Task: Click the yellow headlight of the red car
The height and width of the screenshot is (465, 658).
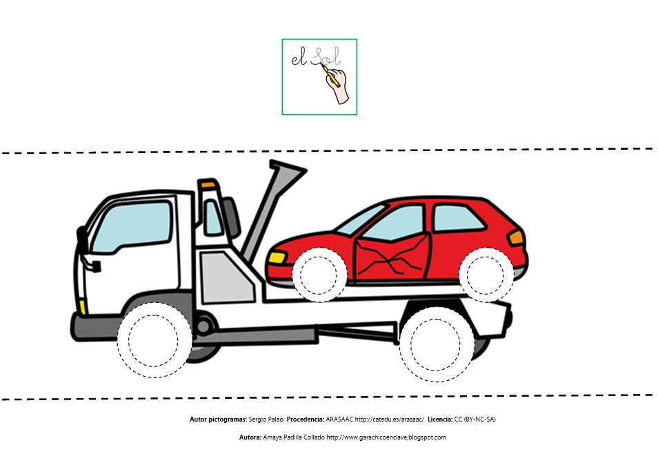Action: tap(277, 257)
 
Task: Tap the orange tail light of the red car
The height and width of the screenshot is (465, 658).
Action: tap(516, 237)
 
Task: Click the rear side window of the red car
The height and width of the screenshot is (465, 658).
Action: tap(458, 218)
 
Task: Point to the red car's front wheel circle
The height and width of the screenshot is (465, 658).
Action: tap(319, 275)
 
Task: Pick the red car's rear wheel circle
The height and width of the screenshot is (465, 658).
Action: tap(486, 275)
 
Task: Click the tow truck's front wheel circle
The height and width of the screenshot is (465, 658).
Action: tap(154, 340)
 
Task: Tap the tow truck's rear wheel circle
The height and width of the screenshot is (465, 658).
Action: tap(436, 344)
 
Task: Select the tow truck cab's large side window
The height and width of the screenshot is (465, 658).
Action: tap(132, 226)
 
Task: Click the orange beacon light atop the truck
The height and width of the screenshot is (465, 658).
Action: tap(208, 184)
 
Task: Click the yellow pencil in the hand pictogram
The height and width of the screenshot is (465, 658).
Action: tap(331, 75)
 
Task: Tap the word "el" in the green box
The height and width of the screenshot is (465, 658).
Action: tap(299, 59)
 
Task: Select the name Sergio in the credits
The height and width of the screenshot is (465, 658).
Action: tap(257, 419)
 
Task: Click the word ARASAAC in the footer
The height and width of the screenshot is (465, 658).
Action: tap(339, 419)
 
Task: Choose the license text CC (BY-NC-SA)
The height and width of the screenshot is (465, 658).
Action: tap(475, 419)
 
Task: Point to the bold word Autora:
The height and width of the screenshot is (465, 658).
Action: tap(250, 437)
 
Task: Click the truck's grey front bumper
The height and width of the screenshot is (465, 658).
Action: tap(96, 328)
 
